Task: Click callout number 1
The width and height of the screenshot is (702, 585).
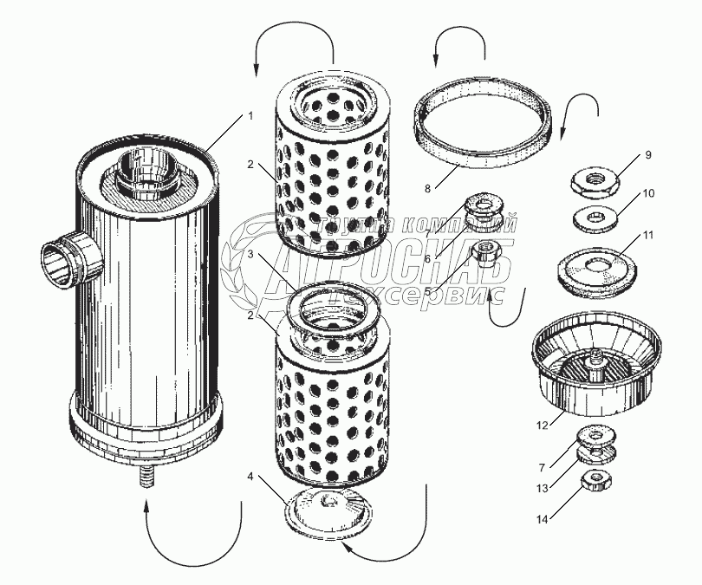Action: click(x=250, y=115)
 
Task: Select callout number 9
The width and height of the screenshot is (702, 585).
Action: click(x=647, y=155)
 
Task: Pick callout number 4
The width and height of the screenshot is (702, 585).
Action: click(x=250, y=476)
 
